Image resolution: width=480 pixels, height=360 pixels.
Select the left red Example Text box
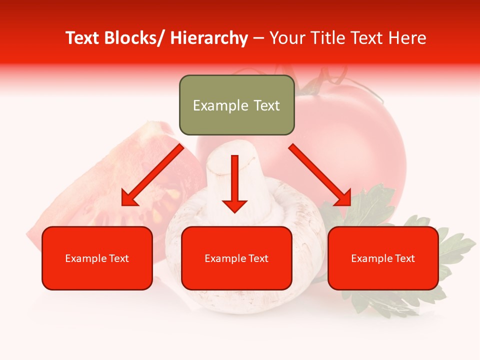tap(97, 258)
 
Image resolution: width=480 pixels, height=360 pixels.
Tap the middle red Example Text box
tap(236, 258)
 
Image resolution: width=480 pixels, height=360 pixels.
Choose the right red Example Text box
tap(383, 258)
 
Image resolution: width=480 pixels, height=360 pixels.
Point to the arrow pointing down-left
tap(153, 175)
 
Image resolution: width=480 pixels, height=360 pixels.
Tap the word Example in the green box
tap(213, 105)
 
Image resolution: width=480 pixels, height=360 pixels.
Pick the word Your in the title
tap(287, 38)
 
